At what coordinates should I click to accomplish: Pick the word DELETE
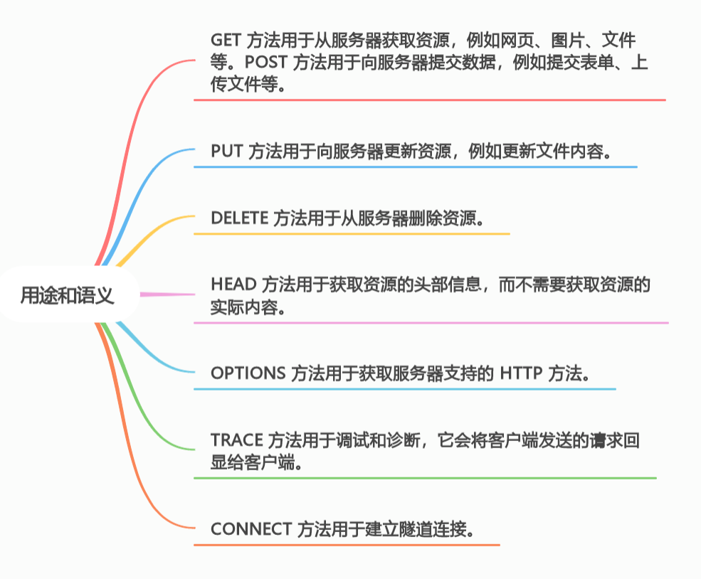(239, 218)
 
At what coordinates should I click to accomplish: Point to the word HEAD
(233, 285)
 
